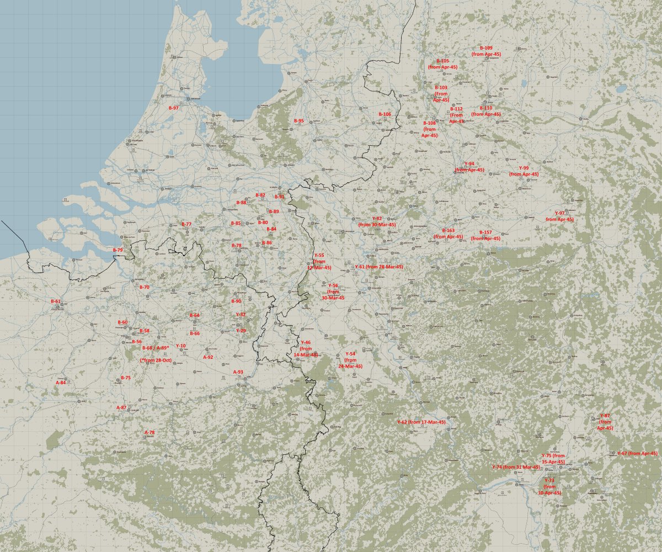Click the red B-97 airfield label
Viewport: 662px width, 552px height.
[174, 108]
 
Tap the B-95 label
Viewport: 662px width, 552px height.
[299, 120]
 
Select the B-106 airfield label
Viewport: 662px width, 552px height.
[385, 114]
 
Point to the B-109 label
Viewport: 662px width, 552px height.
[486, 49]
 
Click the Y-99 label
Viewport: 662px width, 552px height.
[524, 168]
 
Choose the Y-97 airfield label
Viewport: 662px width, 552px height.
[559, 213]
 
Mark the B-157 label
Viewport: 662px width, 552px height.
[485, 232]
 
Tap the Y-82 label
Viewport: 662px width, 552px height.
[377, 219]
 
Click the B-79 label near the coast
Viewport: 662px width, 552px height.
[118, 250]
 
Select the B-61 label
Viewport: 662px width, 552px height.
[56, 301]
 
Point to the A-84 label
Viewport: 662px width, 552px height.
[61, 383]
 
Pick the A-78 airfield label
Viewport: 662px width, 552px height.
[150, 432]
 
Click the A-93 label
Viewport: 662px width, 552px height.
[238, 372]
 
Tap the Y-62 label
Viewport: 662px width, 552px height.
[403, 422]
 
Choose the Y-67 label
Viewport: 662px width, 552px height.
[622, 453]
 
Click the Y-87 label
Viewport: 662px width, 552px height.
[605, 416]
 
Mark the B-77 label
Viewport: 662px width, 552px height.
[186, 224]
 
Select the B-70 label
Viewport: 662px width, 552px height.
[145, 287]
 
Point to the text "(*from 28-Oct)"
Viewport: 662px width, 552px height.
[156, 360]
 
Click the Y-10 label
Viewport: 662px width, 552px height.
[181, 346]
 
